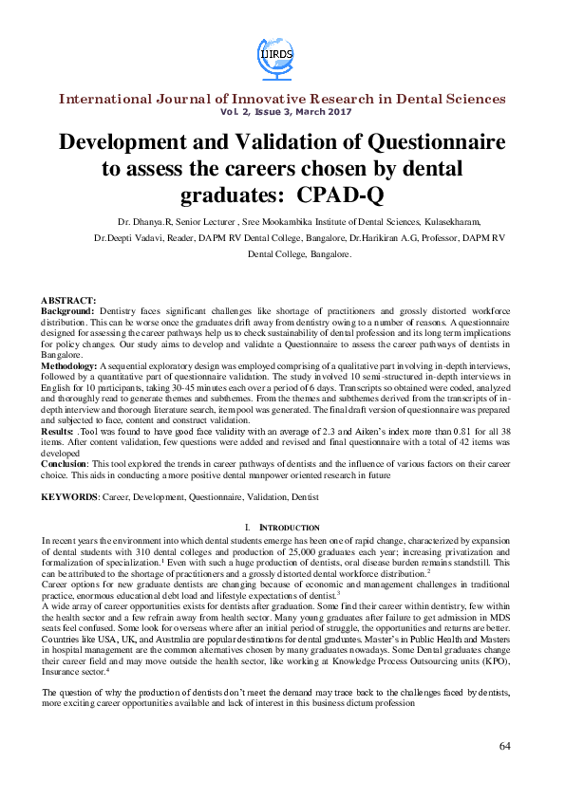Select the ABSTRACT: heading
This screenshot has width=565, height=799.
tap(67, 300)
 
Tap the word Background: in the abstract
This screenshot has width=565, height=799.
tap(66, 311)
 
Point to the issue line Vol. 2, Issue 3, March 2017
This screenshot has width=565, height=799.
tap(282, 112)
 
